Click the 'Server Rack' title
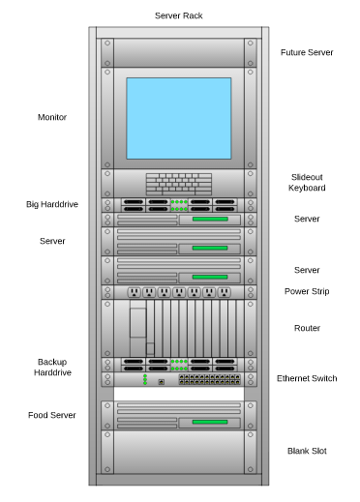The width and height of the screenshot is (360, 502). pos(179,16)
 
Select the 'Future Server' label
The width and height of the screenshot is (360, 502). pos(307,52)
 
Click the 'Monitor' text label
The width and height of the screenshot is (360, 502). pos(52,117)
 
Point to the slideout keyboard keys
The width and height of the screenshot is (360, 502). pos(179,184)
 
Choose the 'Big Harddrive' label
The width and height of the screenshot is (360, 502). pos(52,204)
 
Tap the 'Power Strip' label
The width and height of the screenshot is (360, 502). pos(307,291)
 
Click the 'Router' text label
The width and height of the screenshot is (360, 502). pos(307,328)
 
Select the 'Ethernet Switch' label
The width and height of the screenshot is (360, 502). pos(307,378)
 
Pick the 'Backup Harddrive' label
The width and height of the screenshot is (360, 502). pos(52,367)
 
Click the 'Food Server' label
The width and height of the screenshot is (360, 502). pos(52,415)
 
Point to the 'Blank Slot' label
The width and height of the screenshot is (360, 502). pos(307,451)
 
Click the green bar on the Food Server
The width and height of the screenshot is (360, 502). pos(209,423)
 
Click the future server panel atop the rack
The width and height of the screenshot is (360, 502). pos(179,52)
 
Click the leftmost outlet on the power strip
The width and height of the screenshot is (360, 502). pos(135,292)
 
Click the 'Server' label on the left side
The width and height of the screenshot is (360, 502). pos(52,240)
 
